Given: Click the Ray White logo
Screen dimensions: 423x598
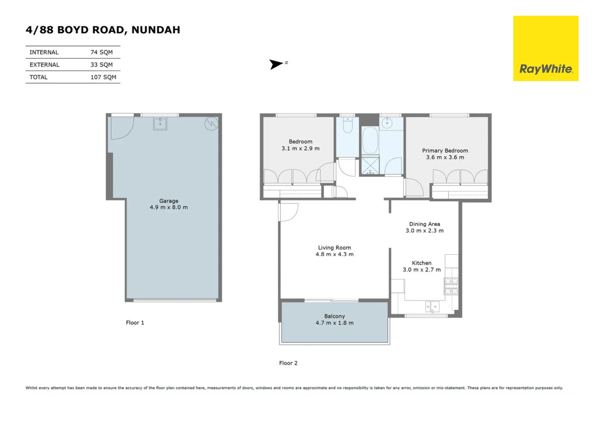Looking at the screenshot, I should click(x=546, y=49).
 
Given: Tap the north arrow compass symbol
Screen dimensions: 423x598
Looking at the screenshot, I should click(x=276, y=64).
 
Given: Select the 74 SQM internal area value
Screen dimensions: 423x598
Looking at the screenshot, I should click(x=101, y=52).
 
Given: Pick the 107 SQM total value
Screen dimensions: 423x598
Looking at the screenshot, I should click(x=103, y=77).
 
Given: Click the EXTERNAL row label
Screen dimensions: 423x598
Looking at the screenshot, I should click(x=44, y=65).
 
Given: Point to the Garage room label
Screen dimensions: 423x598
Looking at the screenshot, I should click(x=168, y=201).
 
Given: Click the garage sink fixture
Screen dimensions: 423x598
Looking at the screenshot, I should click(x=160, y=123).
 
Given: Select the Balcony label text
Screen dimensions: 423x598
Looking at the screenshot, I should click(x=334, y=316).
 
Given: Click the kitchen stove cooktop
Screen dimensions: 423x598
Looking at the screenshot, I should click(x=451, y=286).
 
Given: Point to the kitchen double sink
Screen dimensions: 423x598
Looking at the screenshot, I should click(x=432, y=306).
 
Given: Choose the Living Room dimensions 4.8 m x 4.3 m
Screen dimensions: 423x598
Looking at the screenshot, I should click(x=334, y=254).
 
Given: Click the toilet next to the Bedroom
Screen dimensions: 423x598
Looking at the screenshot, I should click(x=347, y=125).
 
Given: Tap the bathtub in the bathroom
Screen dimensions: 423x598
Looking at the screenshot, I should click(x=370, y=140).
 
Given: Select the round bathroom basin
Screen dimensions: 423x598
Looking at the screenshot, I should click(x=387, y=123).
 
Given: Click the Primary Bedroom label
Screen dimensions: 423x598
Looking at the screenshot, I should click(x=445, y=150).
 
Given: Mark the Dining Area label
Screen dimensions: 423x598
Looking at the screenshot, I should click(x=424, y=224).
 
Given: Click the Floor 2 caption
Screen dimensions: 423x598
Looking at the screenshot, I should click(x=288, y=363).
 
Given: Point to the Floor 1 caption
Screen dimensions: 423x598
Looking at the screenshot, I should click(x=135, y=323).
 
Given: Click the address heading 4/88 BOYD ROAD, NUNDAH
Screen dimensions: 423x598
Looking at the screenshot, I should click(x=103, y=30).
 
